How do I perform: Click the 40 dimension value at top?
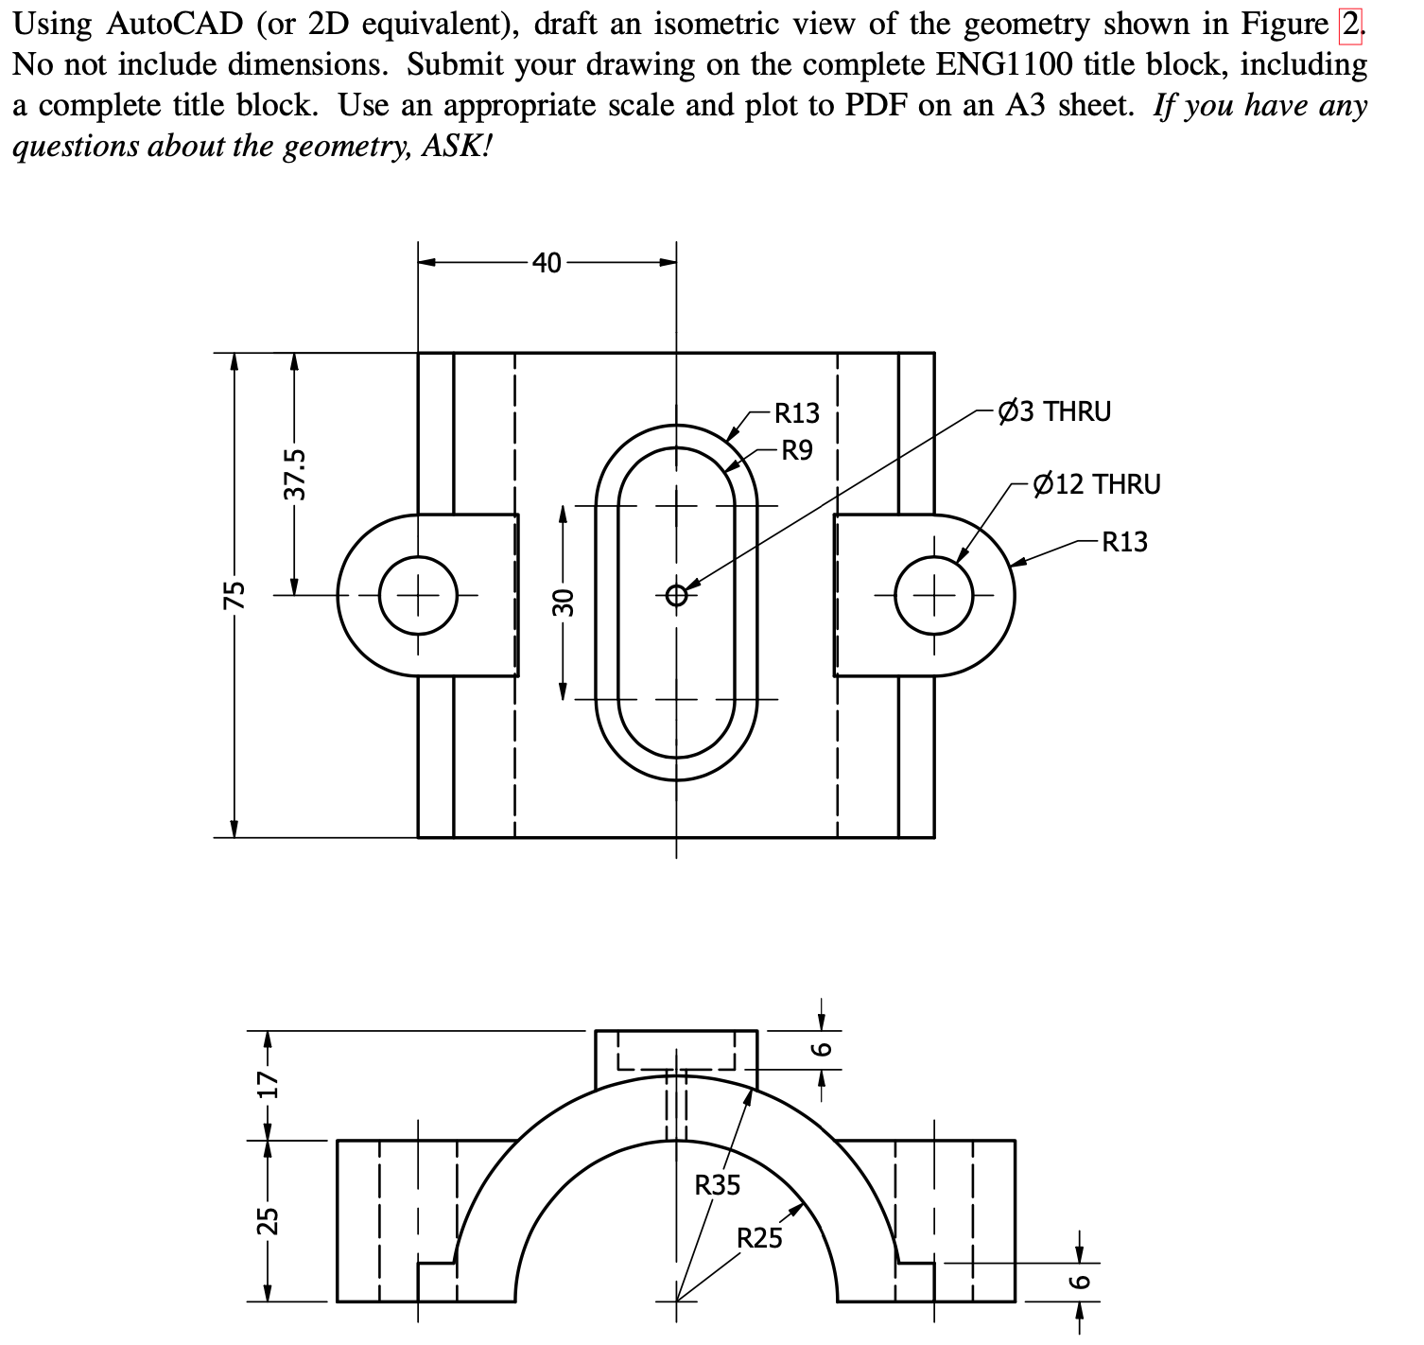point(546,262)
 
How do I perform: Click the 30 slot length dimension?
point(563,602)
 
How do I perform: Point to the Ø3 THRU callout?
point(1054,411)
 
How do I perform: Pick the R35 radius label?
point(718,1184)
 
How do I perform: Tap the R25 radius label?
point(759,1238)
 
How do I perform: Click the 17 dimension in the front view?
point(267,1084)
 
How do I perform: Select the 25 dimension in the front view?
point(267,1220)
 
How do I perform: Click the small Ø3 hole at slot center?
point(675,596)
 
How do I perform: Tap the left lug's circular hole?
point(419,596)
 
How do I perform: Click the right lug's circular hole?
point(934,596)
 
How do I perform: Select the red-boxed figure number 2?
point(1352,23)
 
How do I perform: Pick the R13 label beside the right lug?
point(1123,542)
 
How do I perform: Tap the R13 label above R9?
point(796,413)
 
